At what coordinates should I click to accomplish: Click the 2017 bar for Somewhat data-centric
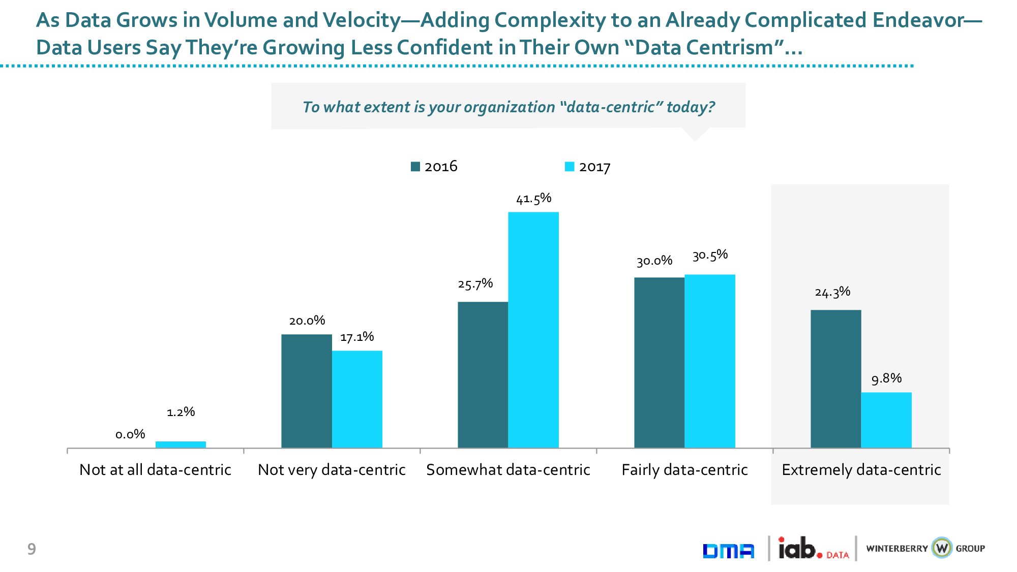(533, 330)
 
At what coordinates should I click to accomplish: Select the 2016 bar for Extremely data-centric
(835, 379)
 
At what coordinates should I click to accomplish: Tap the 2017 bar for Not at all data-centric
(181, 444)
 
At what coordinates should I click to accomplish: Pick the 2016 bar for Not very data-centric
(307, 391)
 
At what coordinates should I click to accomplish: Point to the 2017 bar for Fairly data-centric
(710, 361)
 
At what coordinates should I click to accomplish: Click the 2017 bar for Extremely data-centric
(886, 420)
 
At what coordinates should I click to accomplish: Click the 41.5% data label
(533, 199)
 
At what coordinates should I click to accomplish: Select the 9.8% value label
(886, 378)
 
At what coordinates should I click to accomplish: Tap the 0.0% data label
(130, 434)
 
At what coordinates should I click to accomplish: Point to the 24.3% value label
(832, 292)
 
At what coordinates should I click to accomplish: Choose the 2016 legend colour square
(415, 167)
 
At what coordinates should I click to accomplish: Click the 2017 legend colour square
(570, 167)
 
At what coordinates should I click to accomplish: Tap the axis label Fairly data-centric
(684, 470)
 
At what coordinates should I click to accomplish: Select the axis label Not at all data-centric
(155, 470)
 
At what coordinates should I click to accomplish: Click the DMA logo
(728, 551)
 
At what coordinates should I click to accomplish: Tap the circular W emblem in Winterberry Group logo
(942, 548)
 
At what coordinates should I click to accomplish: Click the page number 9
(32, 549)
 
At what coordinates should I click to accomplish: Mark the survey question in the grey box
(508, 107)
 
